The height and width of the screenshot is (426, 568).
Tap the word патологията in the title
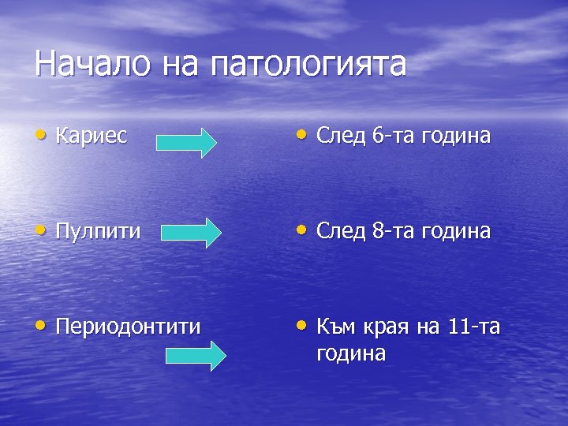point(308,65)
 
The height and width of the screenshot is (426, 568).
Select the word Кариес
point(92,136)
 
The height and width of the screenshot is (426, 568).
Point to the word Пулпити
point(99,231)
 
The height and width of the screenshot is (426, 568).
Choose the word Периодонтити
point(128,326)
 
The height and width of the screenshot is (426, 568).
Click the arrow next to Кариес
point(186,143)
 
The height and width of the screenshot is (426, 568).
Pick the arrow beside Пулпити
point(192,234)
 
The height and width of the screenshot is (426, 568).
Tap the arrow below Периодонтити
point(196,355)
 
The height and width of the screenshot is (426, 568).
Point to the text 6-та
point(392,136)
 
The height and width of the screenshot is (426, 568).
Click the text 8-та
point(392,231)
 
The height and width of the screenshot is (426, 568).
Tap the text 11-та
point(473,326)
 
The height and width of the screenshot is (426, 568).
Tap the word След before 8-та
point(342,231)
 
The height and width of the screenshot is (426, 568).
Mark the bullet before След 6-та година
point(302,135)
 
